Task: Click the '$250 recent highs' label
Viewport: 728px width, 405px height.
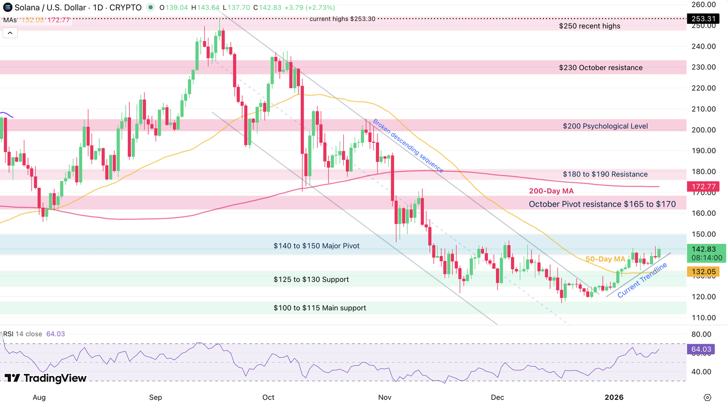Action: click(589, 26)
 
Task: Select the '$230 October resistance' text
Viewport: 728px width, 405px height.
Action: click(601, 67)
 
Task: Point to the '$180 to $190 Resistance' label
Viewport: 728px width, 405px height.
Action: click(605, 174)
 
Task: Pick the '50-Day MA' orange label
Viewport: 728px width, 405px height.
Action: click(605, 259)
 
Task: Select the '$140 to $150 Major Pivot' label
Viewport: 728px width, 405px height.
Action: click(316, 246)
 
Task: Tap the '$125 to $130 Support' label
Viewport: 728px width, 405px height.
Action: click(311, 280)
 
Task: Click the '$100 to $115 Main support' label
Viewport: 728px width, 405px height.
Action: click(320, 308)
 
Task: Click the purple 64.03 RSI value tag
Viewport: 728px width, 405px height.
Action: click(699, 349)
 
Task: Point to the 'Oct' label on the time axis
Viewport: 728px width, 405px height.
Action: click(268, 398)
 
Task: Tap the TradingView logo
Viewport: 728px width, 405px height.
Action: click(45, 378)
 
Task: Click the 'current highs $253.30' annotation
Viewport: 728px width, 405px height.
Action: click(342, 19)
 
